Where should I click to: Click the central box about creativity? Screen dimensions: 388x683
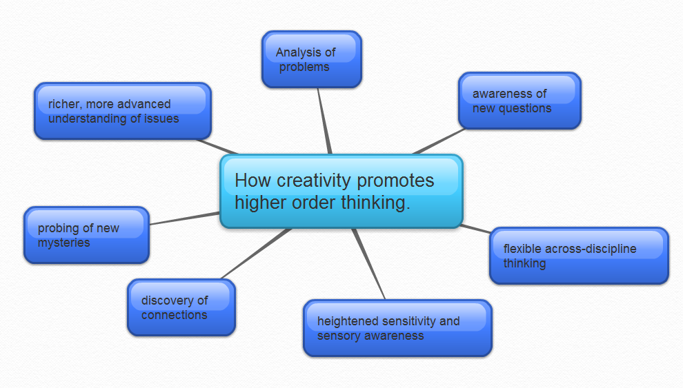point(341,192)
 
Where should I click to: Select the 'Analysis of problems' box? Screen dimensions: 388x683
point(312,59)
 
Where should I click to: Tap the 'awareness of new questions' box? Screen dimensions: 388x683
point(519,101)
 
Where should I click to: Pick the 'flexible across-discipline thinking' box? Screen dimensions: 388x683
point(579,256)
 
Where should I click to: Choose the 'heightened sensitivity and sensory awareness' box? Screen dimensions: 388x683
point(397,328)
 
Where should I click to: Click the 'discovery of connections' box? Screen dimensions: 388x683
point(181,307)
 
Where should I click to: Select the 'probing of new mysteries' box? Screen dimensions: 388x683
point(86,235)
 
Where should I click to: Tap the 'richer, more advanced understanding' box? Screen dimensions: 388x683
point(122,111)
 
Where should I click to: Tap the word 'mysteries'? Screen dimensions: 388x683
point(64,243)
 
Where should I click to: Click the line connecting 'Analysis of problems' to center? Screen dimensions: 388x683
point(324,121)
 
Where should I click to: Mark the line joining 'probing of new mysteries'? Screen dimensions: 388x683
point(185,218)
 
